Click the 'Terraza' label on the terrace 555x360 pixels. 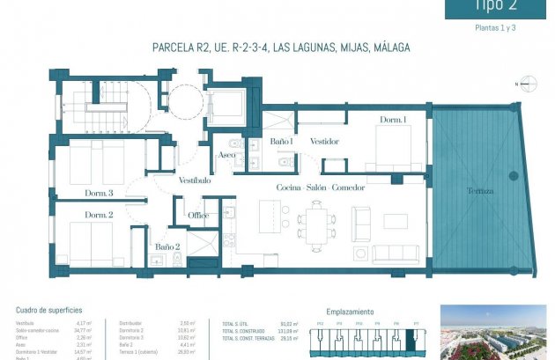click(x=479, y=191)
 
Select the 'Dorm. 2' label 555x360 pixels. click(x=99, y=215)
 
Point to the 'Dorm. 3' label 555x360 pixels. click(x=99, y=193)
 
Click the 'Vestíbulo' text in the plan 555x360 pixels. click(x=194, y=180)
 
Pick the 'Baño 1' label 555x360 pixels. click(x=281, y=141)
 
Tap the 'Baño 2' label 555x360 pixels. click(x=167, y=247)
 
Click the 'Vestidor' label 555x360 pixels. click(x=325, y=141)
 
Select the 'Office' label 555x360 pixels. click(x=197, y=216)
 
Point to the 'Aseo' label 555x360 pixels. click(x=226, y=155)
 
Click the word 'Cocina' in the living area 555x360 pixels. click(x=290, y=188)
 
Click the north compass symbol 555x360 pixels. click(x=520, y=85)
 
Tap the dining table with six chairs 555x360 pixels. click(x=315, y=221)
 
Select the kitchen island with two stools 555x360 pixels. click(x=270, y=214)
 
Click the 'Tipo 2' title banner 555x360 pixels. click(x=499, y=7)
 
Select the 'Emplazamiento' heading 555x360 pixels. click(x=350, y=312)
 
